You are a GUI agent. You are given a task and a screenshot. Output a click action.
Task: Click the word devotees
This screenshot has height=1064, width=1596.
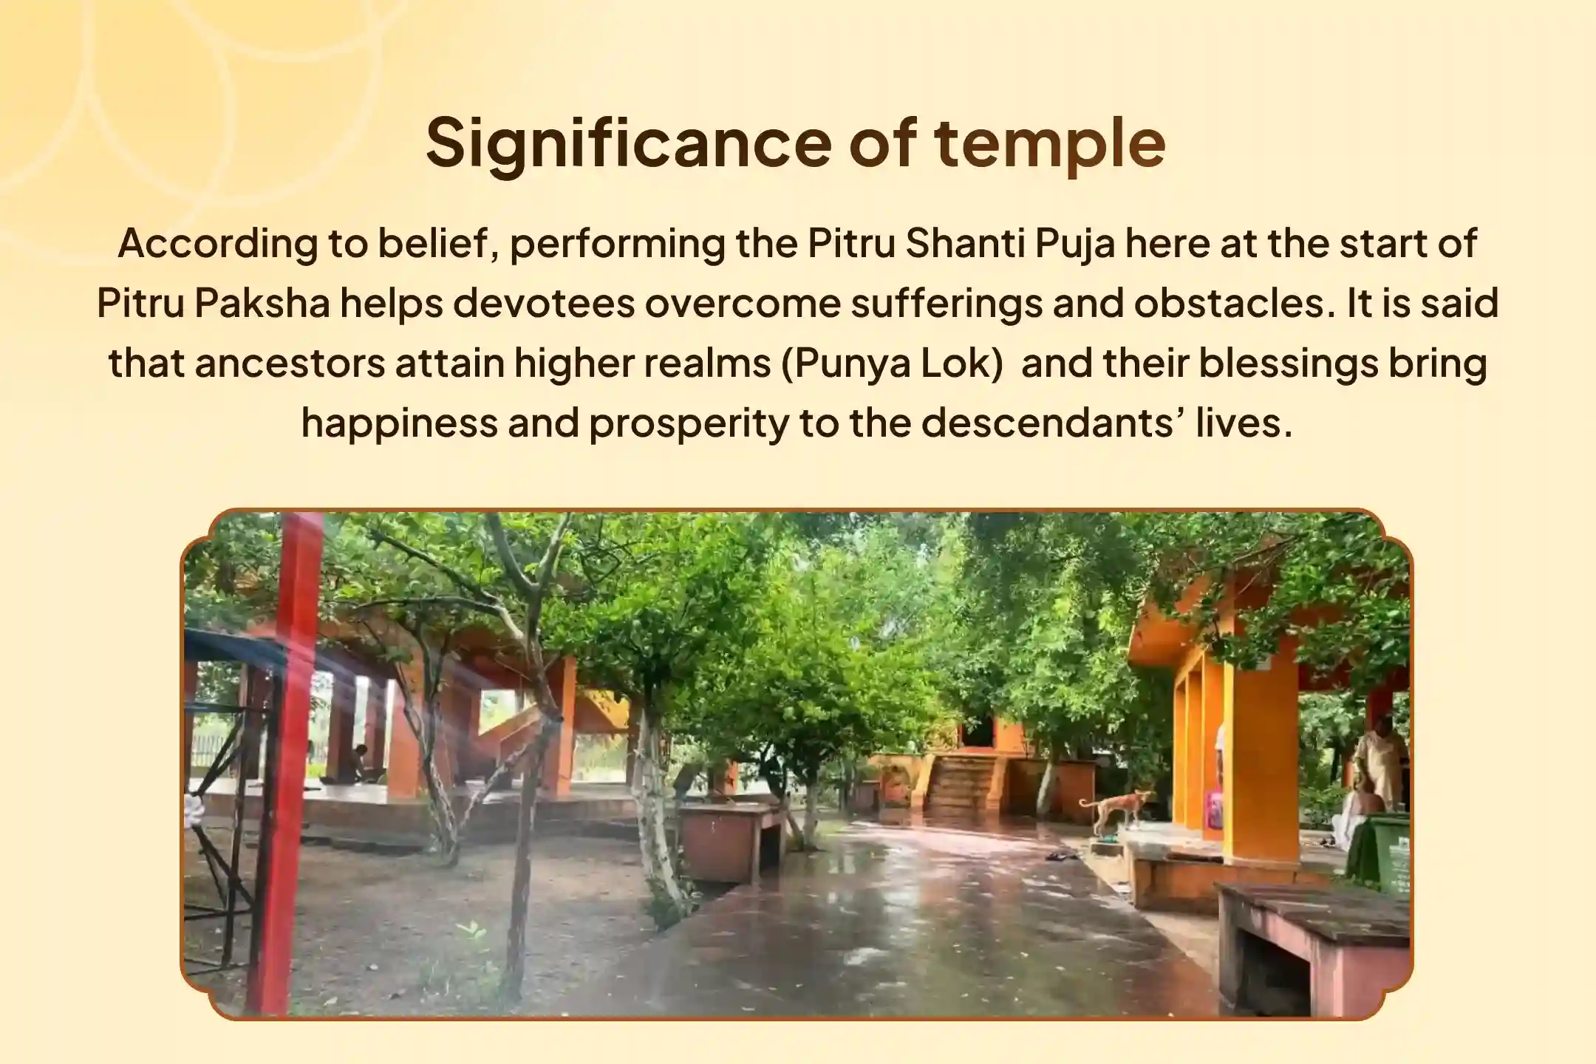[544, 304]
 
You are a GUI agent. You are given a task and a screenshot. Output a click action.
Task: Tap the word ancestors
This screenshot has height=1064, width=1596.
[290, 364]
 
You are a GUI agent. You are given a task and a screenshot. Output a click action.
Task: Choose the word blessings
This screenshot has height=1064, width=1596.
[1288, 364]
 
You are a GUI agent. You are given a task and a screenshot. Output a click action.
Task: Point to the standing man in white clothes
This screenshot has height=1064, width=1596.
[1376, 761]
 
